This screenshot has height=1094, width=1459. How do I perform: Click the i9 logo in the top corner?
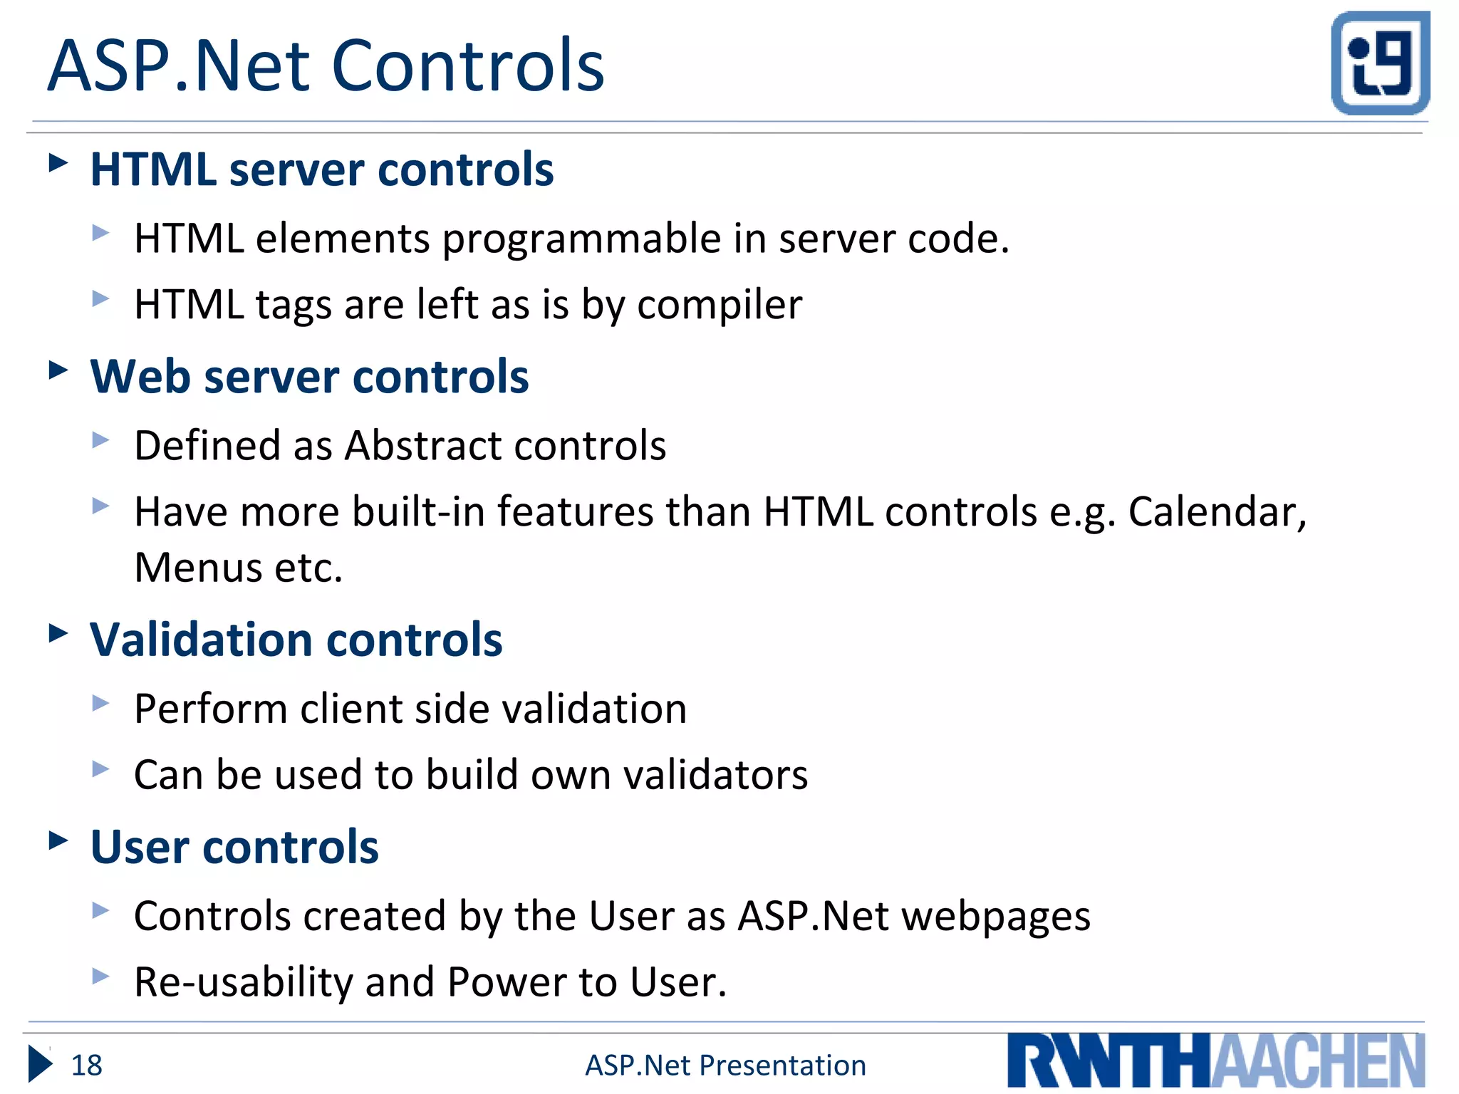pyautogui.click(x=1380, y=63)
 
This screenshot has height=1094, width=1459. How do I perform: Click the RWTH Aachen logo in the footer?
pyautogui.click(x=1215, y=1061)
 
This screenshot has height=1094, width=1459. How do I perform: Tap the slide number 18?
pyautogui.click(x=86, y=1066)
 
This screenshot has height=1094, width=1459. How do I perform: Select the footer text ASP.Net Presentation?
pyautogui.click(x=725, y=1066)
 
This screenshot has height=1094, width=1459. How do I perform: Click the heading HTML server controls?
pyautogui.click(x=322, y=170)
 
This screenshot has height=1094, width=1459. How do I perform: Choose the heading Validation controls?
pyautogui.click(x=296, y=639)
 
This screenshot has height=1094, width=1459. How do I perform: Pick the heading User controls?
pyautogui.click(x=234, y=847)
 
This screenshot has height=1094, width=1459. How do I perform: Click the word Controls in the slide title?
pyautogui.click(x=467, y=66)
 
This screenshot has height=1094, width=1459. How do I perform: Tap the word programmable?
pyautogui.click(x=582, y=239)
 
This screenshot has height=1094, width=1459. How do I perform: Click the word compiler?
pyautogui.click(x=720, y=306)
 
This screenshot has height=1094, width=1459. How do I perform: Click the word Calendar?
pyautogui.click(x=1217, y=512)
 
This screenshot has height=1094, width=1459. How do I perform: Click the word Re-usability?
pyautogui.click(x=244, y=982)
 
